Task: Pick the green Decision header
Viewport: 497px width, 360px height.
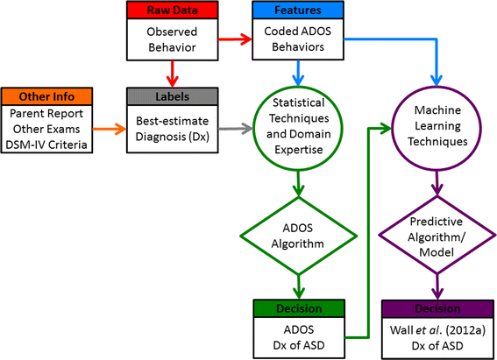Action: point(301,309)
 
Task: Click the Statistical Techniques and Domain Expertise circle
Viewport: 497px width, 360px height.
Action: point(301,130)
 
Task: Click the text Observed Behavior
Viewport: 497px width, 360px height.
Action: point(172,39)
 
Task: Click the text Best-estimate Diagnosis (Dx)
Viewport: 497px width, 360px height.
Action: point(172,129)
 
